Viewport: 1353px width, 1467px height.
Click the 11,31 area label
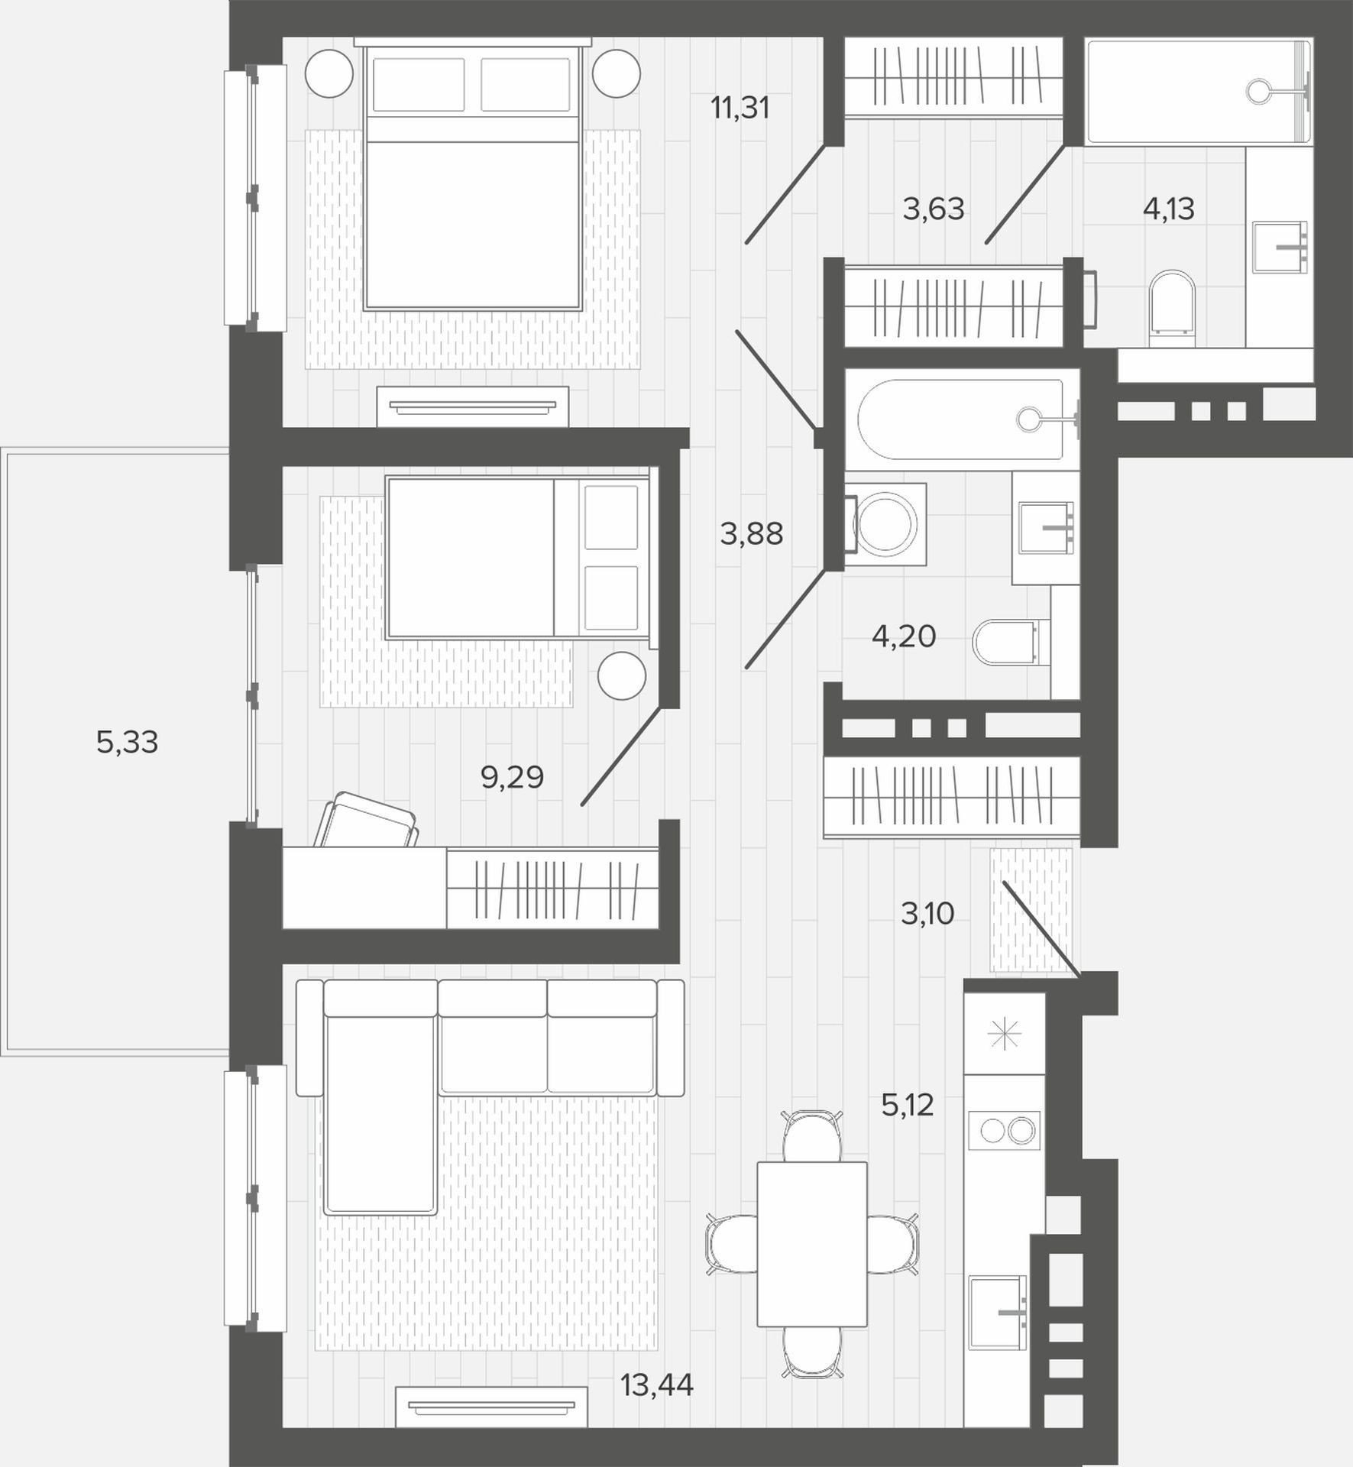pos(740,108)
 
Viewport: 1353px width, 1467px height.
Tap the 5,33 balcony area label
pos(128,742)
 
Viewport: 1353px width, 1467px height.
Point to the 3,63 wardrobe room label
pos(934,209)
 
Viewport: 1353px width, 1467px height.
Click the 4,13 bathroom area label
pos(1168,209)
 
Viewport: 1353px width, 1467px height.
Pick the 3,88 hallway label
pos(752,534)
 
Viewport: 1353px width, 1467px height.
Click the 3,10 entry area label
pos(927,913)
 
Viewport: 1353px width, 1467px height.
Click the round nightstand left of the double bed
pos(329,74)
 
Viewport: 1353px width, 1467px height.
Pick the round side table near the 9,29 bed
pos(622,675)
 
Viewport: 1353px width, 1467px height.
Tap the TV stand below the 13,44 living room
pos(491,1407)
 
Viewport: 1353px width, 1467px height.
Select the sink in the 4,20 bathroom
pos(1046,528)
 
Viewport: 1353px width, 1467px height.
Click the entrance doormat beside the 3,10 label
pos(1031,909)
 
